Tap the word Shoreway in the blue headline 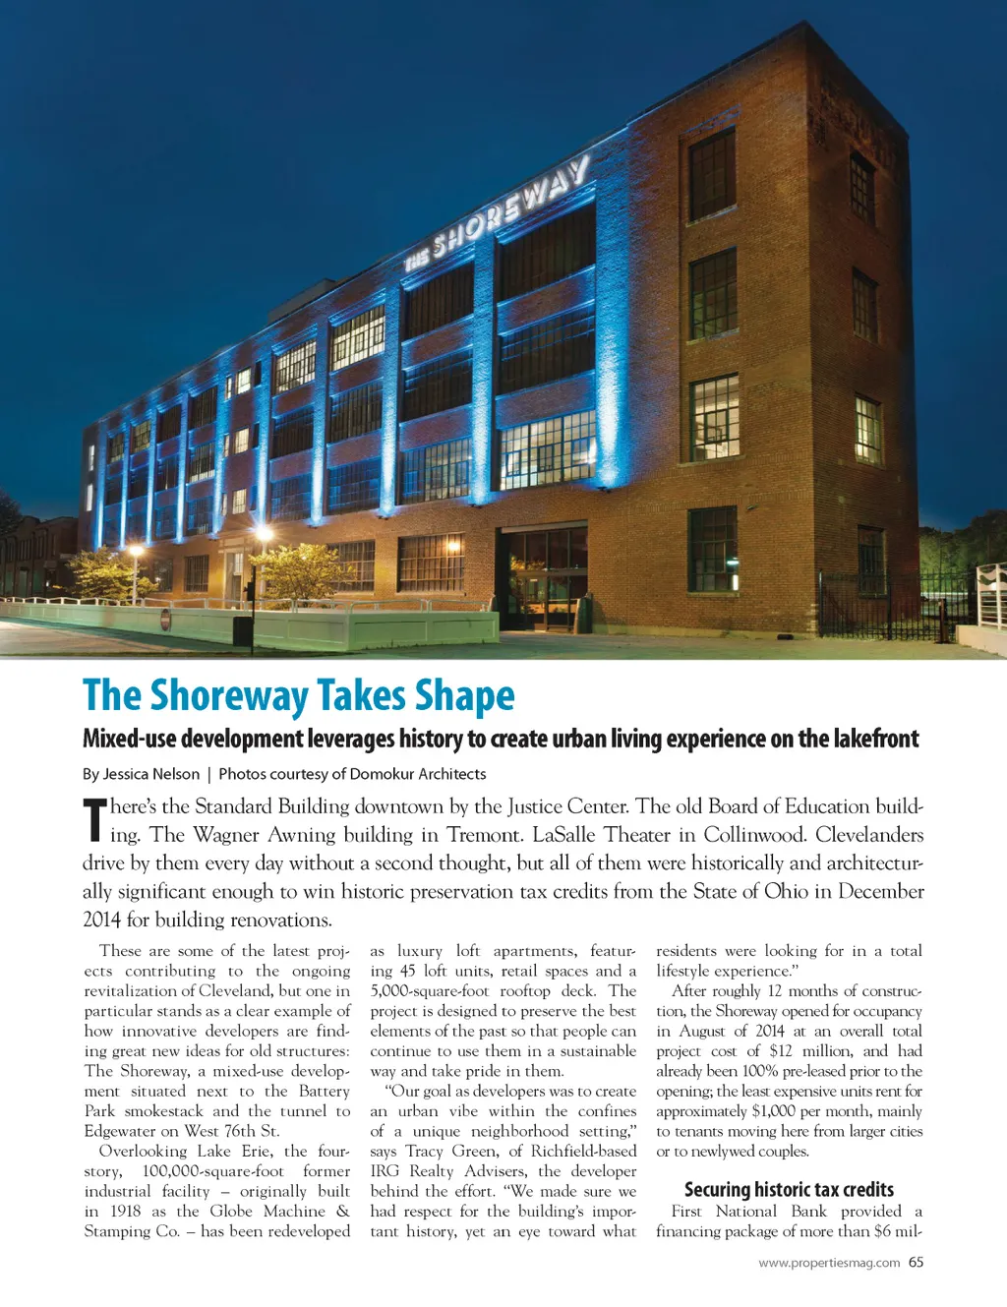(229, 695)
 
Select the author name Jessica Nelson (150, 774)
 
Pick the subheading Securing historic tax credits (789, 1189)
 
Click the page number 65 (916, 1262)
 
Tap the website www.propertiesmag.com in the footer (829, 1263)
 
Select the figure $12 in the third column (781, 1050)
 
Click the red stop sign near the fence (165, 620)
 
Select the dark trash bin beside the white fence (243, 628)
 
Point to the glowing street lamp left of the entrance (263, 537)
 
